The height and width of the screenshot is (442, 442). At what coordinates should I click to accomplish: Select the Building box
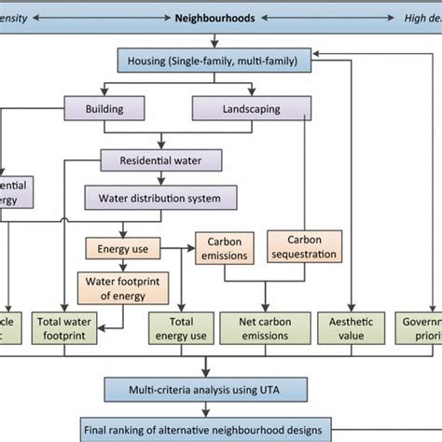(105, 110)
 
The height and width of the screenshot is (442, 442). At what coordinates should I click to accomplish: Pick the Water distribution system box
(160, 198)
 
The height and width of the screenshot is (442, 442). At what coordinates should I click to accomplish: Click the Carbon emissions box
(226, 249)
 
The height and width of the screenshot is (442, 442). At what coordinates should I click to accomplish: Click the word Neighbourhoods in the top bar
(215, 17)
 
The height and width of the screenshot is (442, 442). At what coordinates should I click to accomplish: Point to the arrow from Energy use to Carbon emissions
(174, 249)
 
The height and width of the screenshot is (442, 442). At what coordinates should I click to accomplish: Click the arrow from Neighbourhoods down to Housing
(216, 40)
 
